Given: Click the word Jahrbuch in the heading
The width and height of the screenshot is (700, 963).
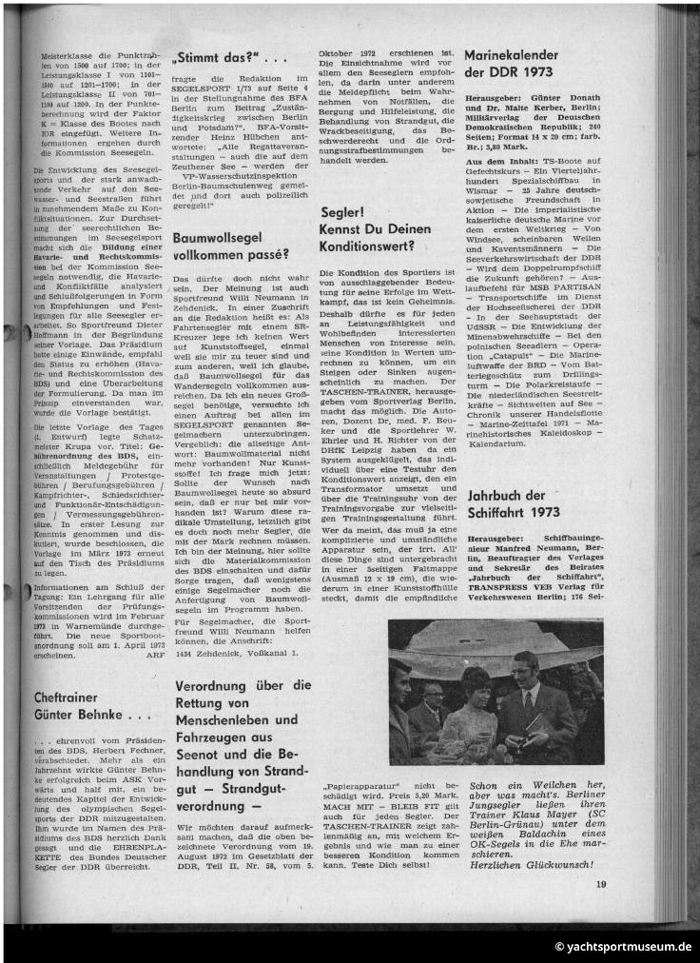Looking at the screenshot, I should click(x=496, y=495).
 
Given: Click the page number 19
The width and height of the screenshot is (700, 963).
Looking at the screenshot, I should click(x=601, y=884).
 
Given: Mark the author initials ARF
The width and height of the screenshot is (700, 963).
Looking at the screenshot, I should click(x=145, y=656).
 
